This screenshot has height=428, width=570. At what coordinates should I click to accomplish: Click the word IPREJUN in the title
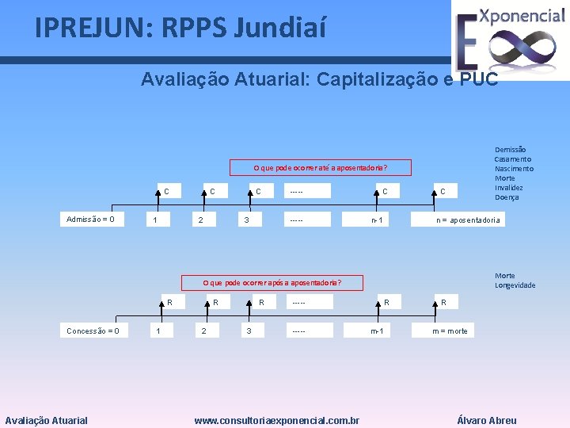pyautogui.click(x=87, y=29)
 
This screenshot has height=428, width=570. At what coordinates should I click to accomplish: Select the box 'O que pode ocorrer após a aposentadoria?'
pyautogui.click(x=272, y=282)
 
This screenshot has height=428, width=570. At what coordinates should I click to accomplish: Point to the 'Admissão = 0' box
pyautogui.click(x=90, y=219)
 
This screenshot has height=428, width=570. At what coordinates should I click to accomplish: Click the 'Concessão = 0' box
pyautogui.click(x=93, y=331)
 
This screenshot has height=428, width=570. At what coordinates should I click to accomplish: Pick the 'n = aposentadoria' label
pyautogui.click(x=469, y=220)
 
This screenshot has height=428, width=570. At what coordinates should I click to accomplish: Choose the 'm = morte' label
pyautogui.click(x=450, y=331)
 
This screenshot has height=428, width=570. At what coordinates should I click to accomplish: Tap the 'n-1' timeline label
pyautogui.click(x=378, y=220)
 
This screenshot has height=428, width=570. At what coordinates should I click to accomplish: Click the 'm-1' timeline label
pyautogui.click(x=376, y=331)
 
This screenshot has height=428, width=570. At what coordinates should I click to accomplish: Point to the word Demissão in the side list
pyautogui.click(x=511, y=149)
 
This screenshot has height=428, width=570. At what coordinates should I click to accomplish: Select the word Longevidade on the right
pyautogui.click(x=515, y=285)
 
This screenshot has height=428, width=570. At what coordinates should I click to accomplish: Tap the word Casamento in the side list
pyautogui.click(x=513, y=159)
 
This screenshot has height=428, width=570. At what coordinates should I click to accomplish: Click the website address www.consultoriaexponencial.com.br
pyautogui.click(x=277, y=421)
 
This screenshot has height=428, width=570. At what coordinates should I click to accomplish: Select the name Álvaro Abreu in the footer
pyautogui.click(x=487, y=421)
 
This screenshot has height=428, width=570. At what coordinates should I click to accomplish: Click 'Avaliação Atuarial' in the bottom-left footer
pyautogui.click(x=47, y=421)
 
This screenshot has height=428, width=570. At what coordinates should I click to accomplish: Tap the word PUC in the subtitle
pyautogui.click(x=478, y=79)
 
